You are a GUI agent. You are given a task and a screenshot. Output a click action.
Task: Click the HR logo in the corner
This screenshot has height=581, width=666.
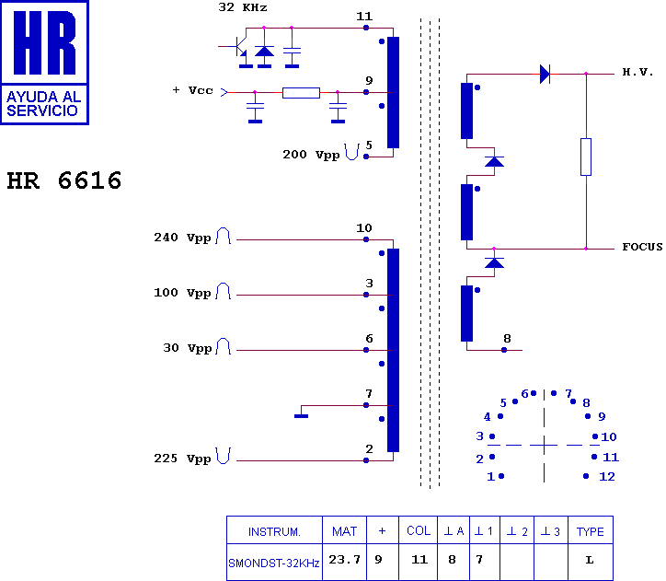(45, 62)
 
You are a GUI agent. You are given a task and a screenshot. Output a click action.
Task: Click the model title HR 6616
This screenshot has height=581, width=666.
(64, 181)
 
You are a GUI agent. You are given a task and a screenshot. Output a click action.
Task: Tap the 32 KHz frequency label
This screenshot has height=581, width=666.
(243, 7)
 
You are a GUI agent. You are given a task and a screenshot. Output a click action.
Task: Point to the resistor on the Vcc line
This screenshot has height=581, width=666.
(301, 92)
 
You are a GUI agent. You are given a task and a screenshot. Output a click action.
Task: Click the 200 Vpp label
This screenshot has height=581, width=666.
(310, 155)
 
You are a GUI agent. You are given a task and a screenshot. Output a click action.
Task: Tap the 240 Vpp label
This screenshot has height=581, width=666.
(182, 238)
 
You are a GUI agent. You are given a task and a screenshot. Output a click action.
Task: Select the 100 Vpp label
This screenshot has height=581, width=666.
(182, 293)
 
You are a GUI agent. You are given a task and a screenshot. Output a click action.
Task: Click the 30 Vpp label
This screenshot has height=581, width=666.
(186, 348)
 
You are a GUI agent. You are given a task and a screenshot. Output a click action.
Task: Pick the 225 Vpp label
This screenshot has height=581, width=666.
(182, 458)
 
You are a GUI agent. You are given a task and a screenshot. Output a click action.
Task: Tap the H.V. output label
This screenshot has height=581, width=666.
(637, 72)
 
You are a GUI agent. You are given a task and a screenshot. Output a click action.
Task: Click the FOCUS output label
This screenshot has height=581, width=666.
(642, 247)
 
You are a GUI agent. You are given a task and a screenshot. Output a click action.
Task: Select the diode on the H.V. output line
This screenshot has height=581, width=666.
(545, 74)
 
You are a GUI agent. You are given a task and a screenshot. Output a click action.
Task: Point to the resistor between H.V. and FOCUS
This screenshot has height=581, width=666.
(586, 157)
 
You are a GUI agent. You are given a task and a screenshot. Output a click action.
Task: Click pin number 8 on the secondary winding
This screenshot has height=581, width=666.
(506, 339)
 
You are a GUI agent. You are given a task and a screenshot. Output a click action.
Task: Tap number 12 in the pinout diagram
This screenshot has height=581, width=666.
(606, 476)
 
